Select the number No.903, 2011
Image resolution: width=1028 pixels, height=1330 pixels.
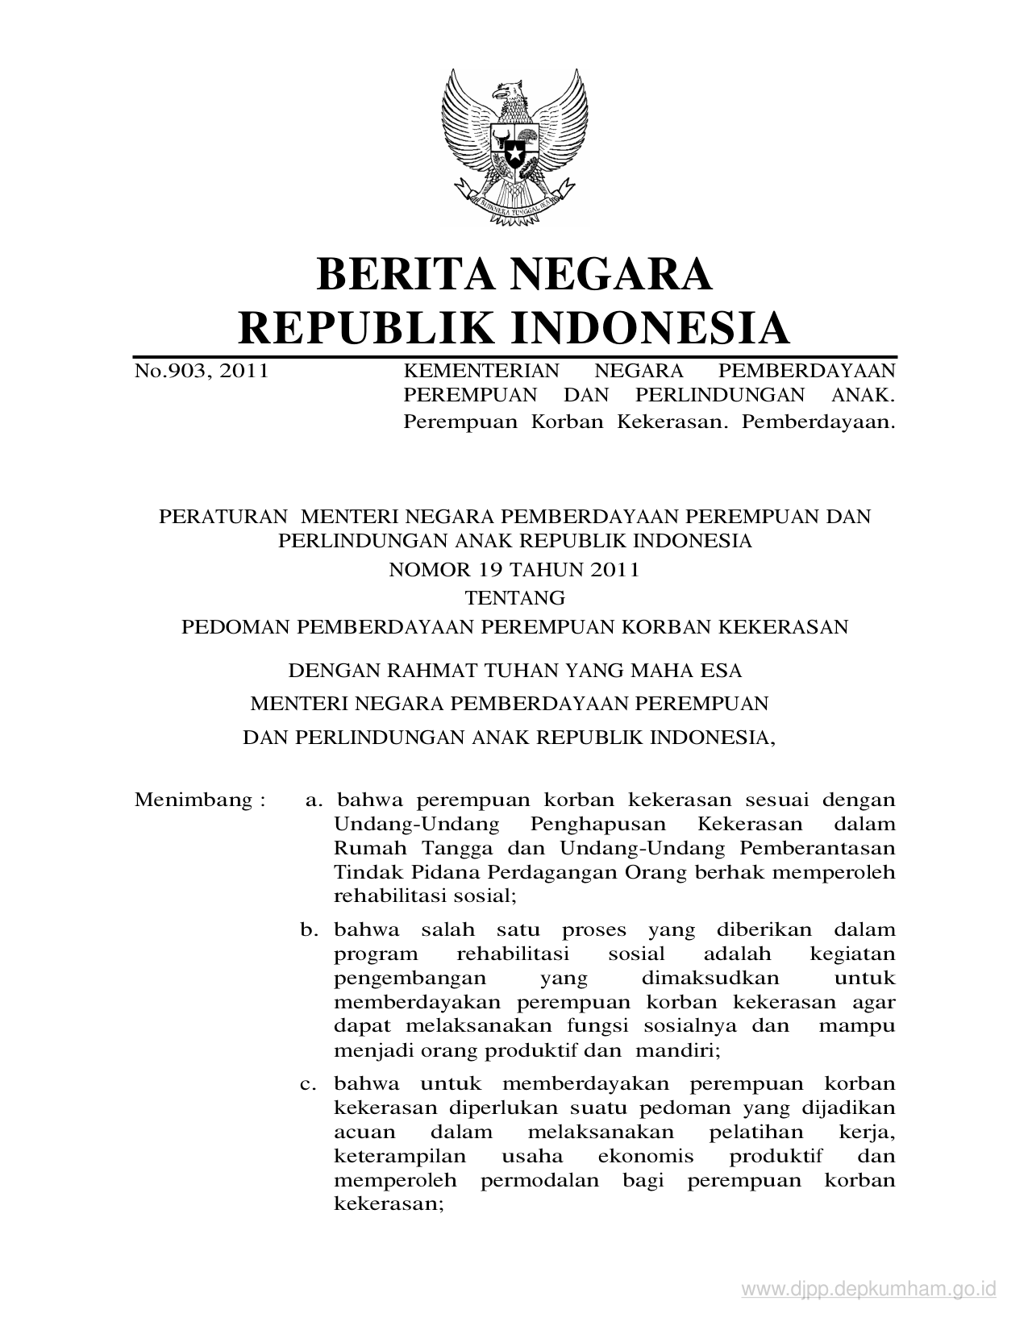click(201, 371)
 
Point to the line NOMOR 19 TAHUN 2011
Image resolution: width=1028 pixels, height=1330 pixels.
click(514, 570)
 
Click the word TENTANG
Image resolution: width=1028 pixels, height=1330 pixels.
click(514, 598)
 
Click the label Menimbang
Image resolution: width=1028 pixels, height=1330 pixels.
click(194, 800)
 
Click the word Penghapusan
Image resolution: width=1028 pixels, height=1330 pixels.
click(598, 825)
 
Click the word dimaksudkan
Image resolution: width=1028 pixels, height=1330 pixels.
click(710, 979)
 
